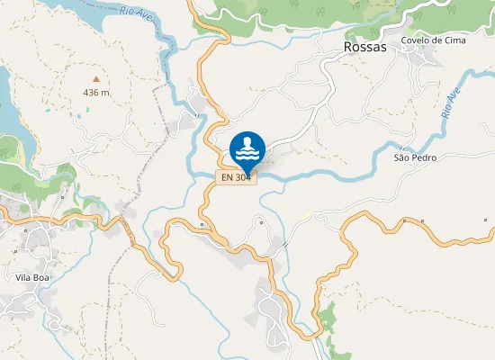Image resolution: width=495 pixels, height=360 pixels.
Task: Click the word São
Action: tap(402, 157)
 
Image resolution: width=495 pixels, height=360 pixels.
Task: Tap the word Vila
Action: tap(25, 278)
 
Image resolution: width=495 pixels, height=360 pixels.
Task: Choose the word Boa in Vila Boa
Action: tap(45, 278)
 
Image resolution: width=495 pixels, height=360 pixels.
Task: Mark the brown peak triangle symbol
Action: tap(96, 78)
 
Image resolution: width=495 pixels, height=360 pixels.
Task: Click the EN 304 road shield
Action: tap(237, 177)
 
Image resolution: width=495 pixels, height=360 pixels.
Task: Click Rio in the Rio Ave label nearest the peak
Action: tap(127, 11)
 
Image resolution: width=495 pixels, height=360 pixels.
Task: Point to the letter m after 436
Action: tap(106, 93)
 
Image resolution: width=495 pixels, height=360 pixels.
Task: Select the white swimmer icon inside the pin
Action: tap(247, 147)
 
